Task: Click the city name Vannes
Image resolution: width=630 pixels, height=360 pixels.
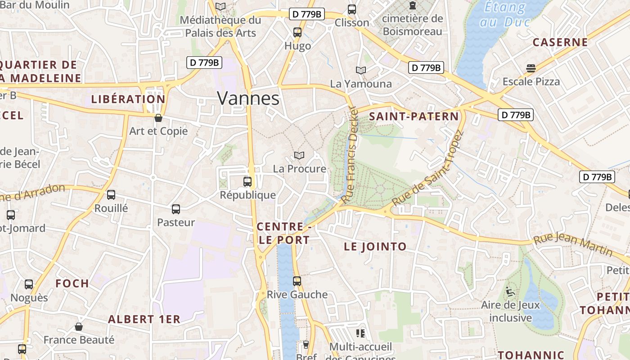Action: [x=248, y=98]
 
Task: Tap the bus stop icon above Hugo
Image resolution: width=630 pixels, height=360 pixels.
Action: [x=297, y=32]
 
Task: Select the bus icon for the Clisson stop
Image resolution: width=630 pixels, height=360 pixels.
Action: [x=352, y=9]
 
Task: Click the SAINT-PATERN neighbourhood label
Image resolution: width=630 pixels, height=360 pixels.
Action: [x=414, y=117]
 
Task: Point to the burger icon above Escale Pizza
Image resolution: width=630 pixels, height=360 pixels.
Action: [x=531, y=68]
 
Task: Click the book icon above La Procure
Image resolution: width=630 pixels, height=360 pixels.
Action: [x=299, y=155]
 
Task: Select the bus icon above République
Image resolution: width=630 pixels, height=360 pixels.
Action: [x=247, y=182]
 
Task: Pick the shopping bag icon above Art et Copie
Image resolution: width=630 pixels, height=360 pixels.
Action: [x=158, y=118]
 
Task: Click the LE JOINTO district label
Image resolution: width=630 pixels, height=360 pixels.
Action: [x=375, y=247]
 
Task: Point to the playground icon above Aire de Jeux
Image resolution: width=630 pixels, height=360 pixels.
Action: [x=510, y=292]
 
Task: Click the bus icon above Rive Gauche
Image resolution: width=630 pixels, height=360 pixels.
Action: [x=297, y=281]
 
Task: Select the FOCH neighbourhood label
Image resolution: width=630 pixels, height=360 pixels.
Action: [x=72, y=283]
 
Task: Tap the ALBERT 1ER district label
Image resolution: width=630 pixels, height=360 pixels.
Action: [x=144, y=319]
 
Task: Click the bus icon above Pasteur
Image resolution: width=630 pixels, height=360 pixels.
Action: [x=176, y=209]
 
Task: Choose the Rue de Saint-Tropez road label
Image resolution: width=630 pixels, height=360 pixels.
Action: [x=427, y=169]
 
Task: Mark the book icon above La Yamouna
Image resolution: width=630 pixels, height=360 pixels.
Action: [x=361, y=70]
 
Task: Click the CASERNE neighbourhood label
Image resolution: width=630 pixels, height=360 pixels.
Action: [x=560, y=43]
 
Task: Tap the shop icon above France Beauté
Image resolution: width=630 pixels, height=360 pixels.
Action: [x=79, y=327]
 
